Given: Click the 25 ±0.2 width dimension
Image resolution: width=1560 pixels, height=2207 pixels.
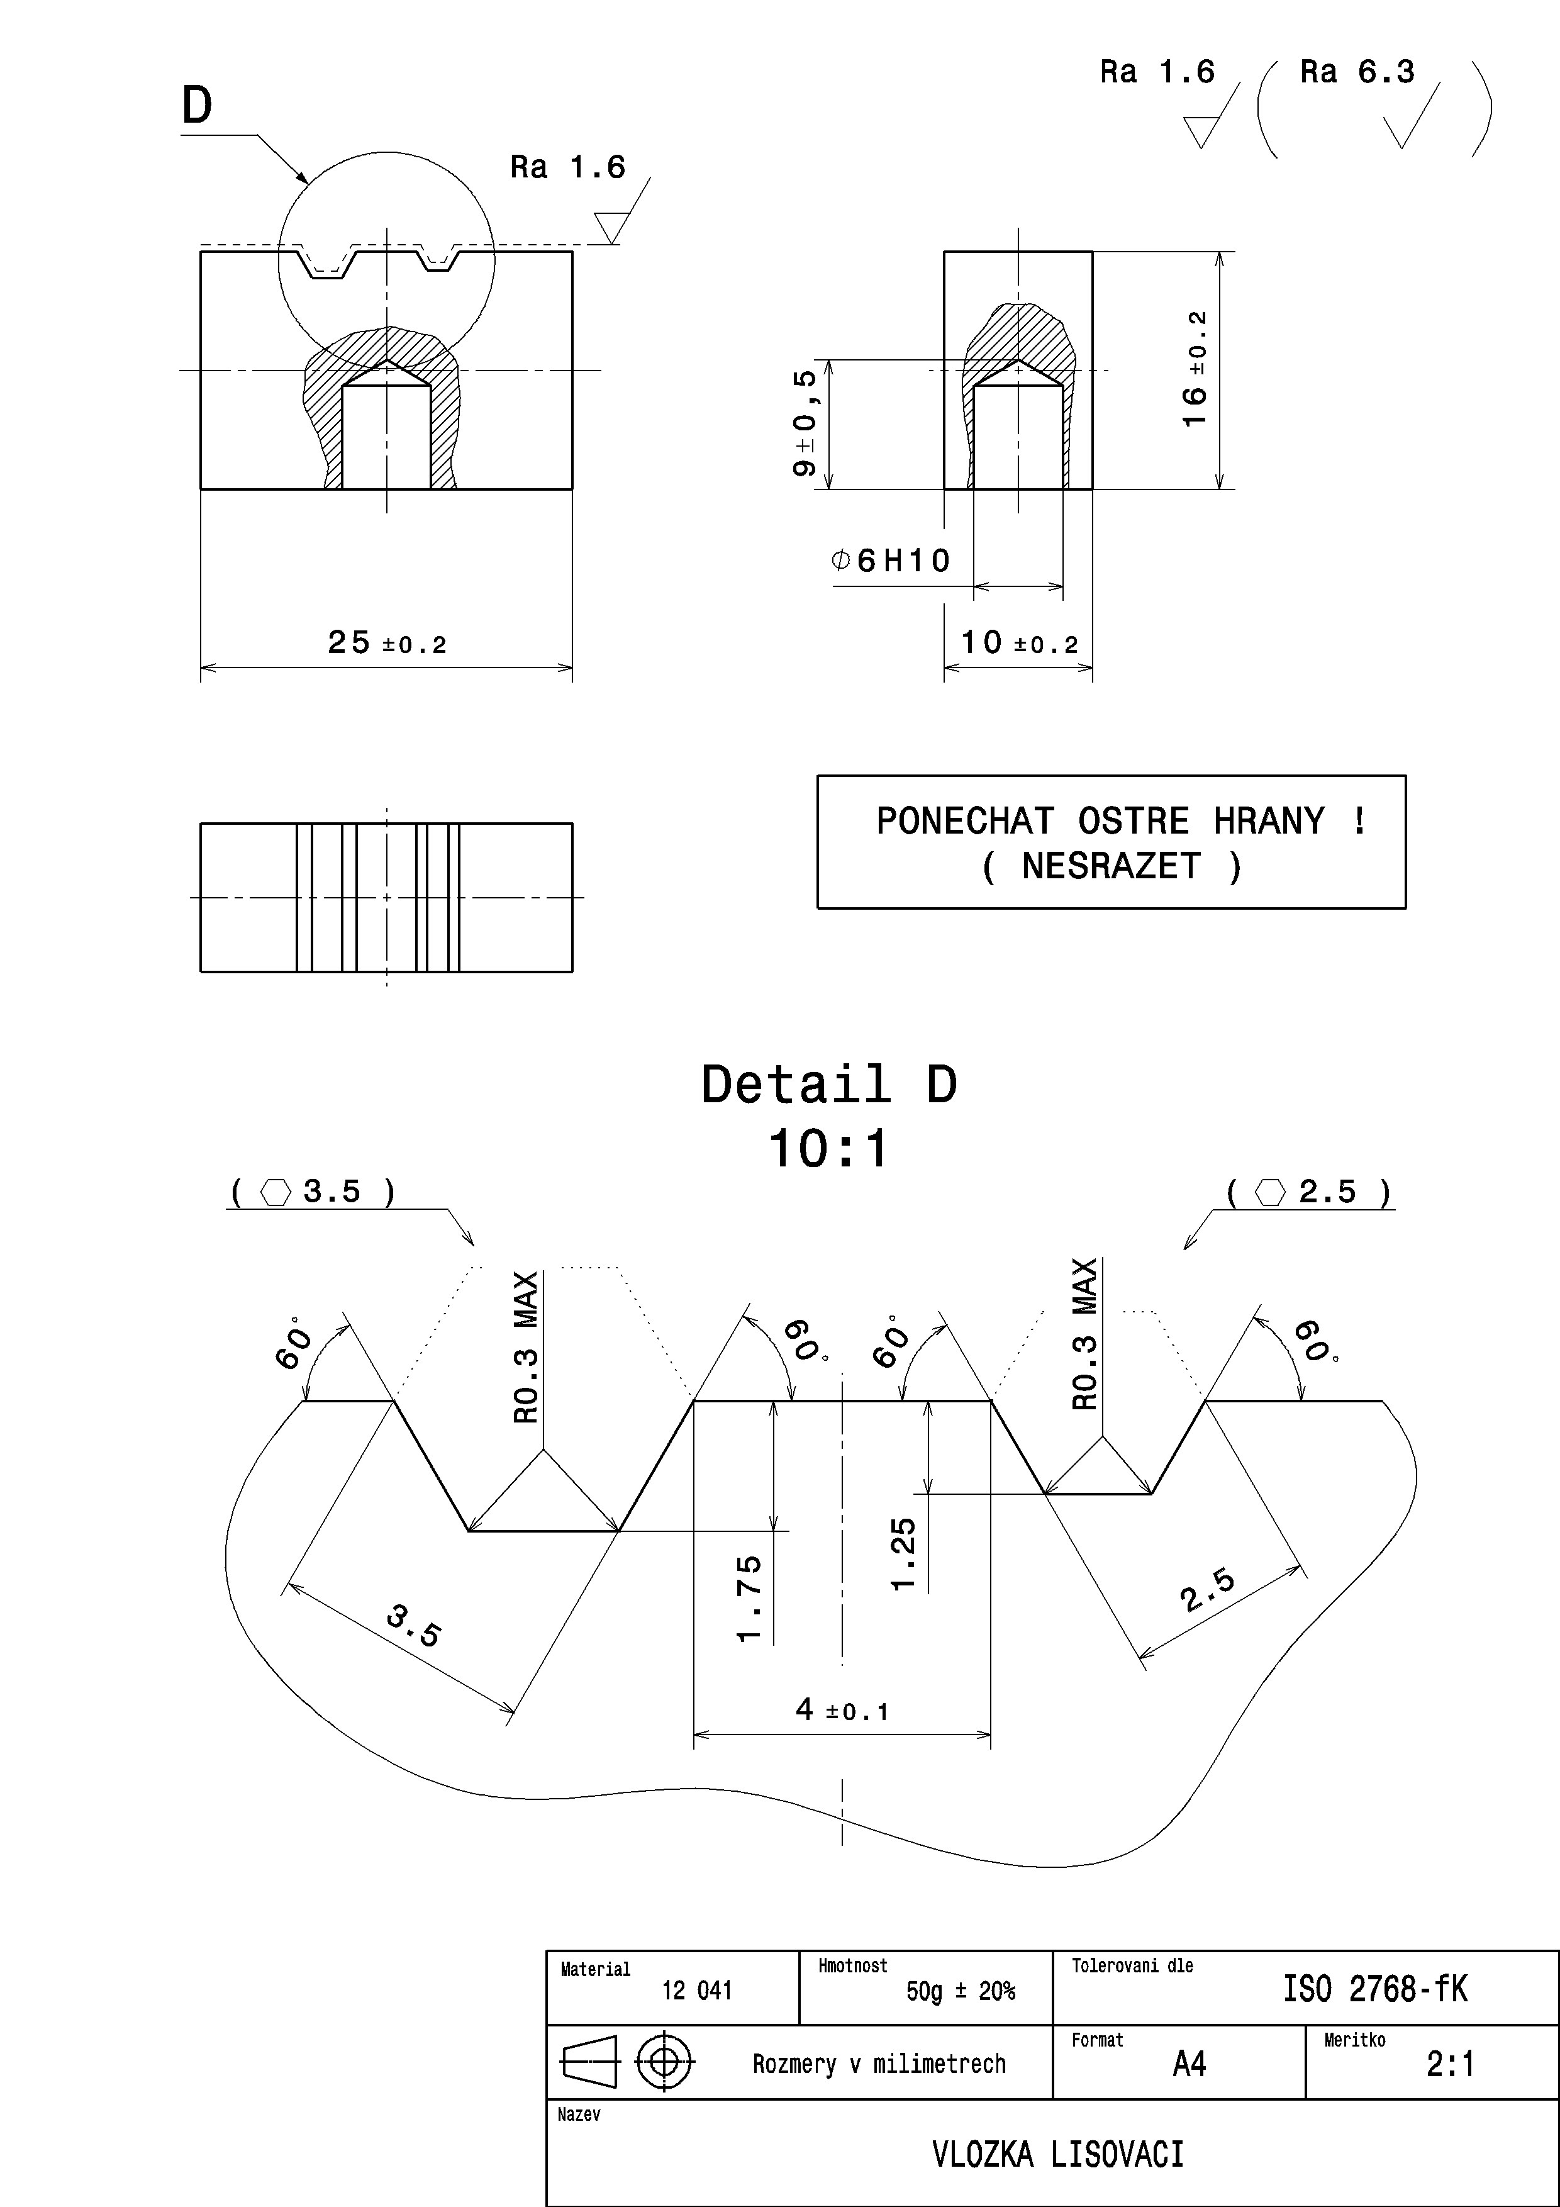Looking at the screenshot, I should pos(386,642).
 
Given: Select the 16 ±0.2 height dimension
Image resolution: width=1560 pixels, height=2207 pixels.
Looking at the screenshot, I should pos(1195,370).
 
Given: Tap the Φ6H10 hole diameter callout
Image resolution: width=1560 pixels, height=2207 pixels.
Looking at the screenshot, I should pos(891,561).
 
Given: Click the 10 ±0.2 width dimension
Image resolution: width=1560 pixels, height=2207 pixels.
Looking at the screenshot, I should pos(1019,642).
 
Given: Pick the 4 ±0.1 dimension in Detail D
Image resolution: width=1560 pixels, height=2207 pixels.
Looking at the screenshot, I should pos(842,1709).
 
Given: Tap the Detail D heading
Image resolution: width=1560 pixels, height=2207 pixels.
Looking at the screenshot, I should pos(828,1084).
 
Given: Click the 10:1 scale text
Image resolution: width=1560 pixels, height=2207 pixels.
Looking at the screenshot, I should pos(828,1149).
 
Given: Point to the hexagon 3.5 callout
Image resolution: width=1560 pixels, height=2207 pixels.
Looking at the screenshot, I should pos(313,1192).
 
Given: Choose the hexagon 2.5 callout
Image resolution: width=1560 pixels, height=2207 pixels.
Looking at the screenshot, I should pos(1309,1192).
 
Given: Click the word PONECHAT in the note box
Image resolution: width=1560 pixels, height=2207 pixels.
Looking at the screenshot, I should pos(964,821).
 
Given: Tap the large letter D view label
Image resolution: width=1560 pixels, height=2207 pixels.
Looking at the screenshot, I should pos(197,105).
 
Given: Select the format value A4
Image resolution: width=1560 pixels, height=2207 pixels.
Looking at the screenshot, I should pos(1189,2063).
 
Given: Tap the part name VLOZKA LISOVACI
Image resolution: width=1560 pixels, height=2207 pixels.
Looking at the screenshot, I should pos(1057,2155).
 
